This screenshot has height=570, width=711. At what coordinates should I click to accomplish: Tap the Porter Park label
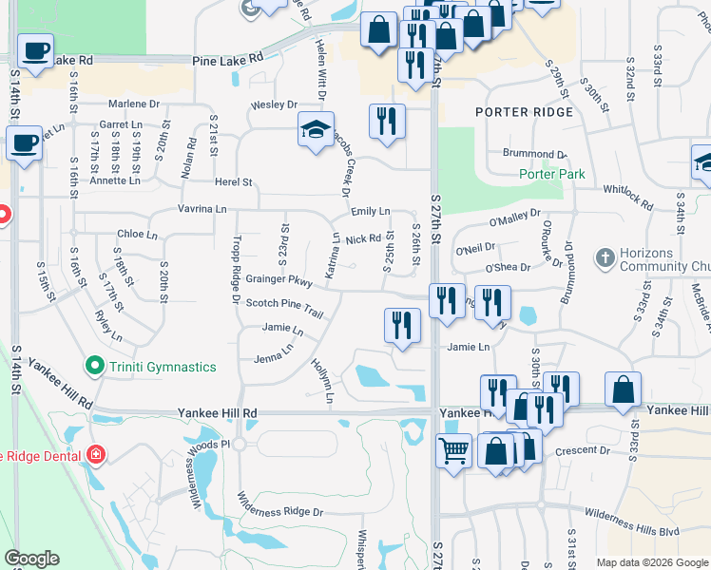tap(551, 174)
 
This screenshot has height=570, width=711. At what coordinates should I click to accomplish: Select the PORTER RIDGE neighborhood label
tap(525, 112)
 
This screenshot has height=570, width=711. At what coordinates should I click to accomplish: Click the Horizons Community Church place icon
tap(605, 257)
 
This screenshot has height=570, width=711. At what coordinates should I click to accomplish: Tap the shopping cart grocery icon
tap(454, 449)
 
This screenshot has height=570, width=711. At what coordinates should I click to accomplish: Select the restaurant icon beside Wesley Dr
tap(386, 120)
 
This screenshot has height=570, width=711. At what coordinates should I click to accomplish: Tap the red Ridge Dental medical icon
tap(95, 455)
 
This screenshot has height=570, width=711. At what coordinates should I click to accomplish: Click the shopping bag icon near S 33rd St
tap(623, 389)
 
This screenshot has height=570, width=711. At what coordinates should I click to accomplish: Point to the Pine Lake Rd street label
tap(227, 59)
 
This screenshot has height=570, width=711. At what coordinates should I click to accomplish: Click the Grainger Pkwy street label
tap(279, 282)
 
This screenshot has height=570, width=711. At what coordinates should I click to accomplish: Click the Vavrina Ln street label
tap(202, 208)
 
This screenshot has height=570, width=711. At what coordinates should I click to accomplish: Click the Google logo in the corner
tap(31, 559)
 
